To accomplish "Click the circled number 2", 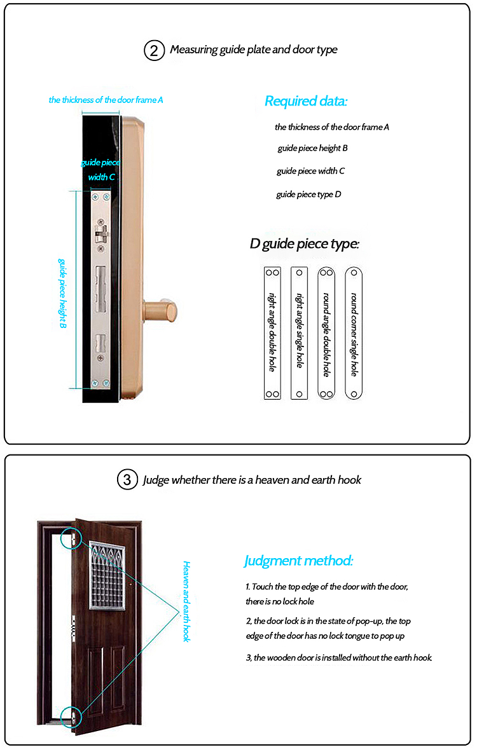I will click(155, 50).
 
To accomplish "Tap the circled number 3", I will click(127, 480).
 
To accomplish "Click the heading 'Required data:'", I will click(306, 101).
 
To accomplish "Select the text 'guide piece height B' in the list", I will click(312, 148).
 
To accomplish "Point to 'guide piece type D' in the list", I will click(308, 195).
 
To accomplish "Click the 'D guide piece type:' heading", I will click(305, 244).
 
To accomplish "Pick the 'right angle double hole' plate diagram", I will click(272, 332).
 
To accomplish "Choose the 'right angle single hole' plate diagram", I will click(299, 332).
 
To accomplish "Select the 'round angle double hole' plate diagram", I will click(326, 332).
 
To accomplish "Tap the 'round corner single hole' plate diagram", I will click(354, 332).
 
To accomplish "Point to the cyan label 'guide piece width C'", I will click(100, 170).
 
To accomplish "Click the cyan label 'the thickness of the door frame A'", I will click(106, 100).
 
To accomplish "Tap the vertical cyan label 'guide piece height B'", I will click(63, 292).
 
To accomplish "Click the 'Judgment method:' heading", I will click(298, 561).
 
